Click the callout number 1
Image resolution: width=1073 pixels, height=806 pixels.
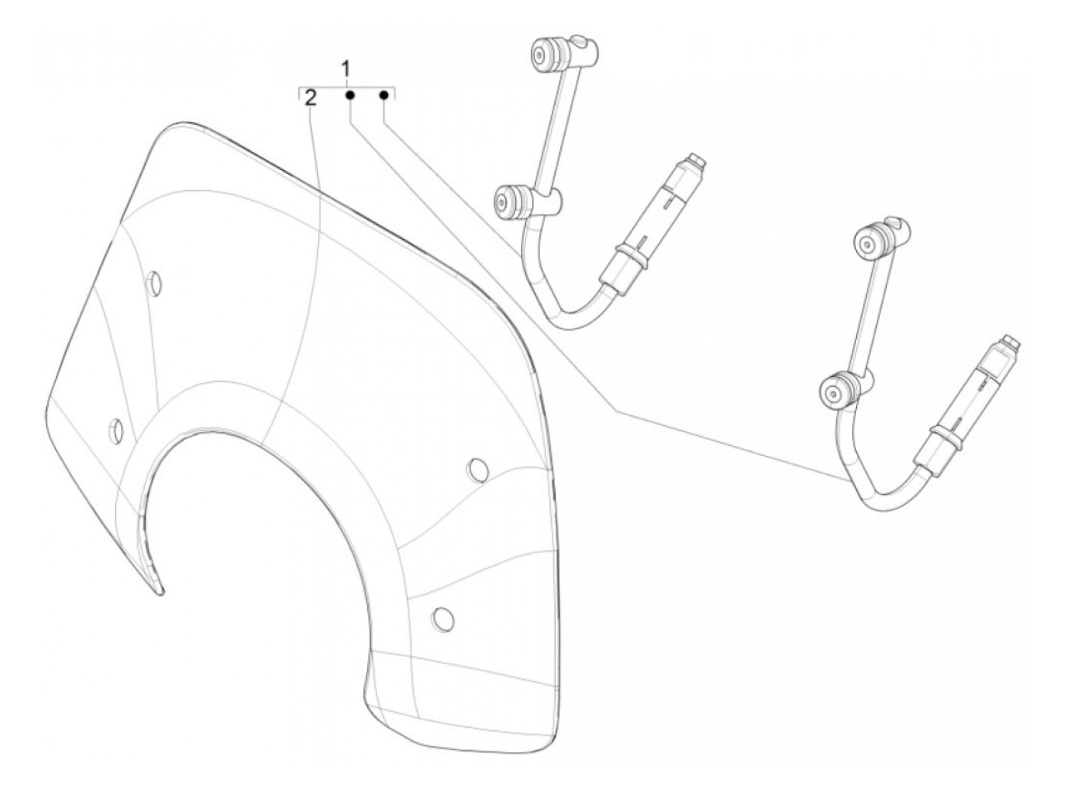(x=346, y=70)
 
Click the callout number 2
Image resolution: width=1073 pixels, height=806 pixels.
(x=310, y=97)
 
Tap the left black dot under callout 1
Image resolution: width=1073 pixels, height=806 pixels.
(x=349, y=96)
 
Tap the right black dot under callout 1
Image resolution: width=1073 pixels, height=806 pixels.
(x=384, y=96)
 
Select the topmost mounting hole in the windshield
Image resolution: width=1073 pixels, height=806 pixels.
(x=154, y=283)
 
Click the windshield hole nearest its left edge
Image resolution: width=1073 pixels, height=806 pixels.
(x=116, y=431)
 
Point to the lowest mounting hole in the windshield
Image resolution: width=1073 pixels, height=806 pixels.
(x=441, y=617)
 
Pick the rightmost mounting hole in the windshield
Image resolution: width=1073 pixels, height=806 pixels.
(x=477, y=470)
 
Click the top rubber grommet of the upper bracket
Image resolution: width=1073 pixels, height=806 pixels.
(x=545, y=55)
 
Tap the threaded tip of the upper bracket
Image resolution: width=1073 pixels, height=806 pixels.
(x=696, y=161)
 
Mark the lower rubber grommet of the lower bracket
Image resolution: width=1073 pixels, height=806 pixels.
(x=835, y=391)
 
